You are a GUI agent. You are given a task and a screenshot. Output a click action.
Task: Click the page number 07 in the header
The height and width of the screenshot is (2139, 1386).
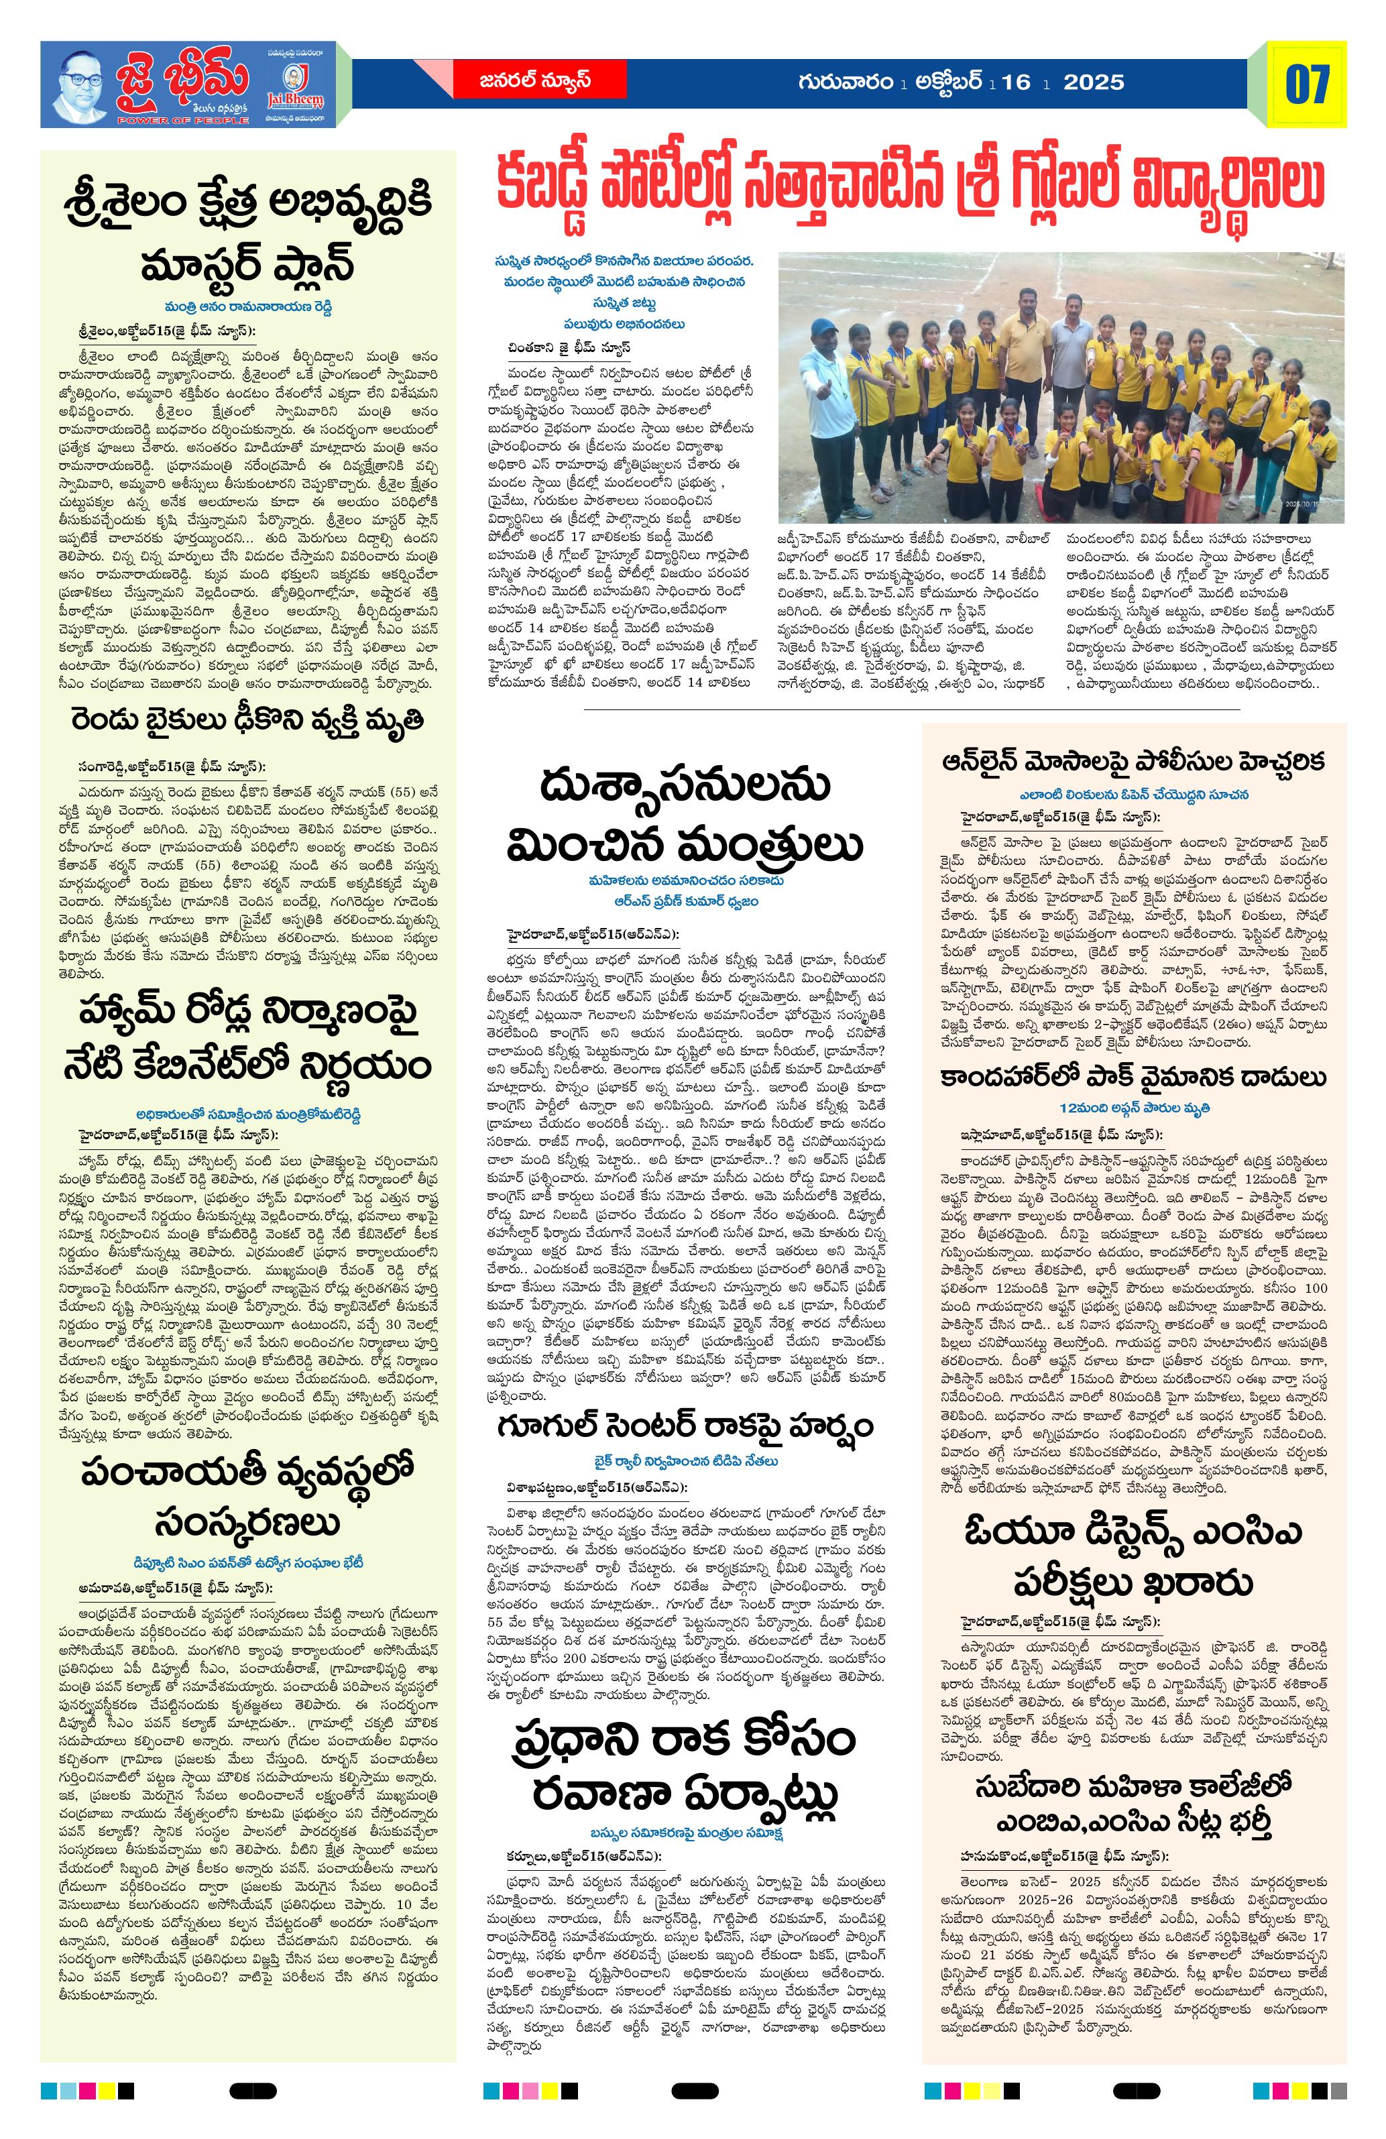click(1306, 84)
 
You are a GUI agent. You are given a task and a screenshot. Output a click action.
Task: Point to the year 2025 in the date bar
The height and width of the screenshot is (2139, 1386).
click(1093, 82)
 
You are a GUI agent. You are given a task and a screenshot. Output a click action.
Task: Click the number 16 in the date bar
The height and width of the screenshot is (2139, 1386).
click(1016, 82)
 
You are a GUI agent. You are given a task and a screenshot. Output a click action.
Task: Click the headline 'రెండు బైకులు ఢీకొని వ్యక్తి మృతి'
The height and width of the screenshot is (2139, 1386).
click(247, 721)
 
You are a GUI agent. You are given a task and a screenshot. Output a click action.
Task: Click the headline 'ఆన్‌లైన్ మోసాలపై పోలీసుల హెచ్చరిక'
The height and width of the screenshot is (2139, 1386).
click(1133, 761)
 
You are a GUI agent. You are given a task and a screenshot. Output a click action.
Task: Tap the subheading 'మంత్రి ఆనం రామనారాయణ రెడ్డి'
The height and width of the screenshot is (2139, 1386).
click(247, 306)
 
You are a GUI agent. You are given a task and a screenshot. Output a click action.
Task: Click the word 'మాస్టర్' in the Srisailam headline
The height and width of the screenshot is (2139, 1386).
click(192, 265)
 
